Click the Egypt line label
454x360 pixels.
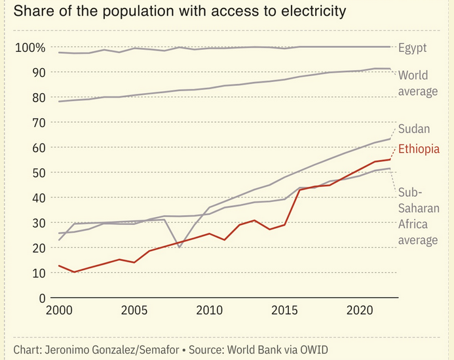(412, 47)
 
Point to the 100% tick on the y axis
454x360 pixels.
(30, 47)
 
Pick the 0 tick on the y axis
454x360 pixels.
(41, 298)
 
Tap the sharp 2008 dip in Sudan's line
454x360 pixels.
(180, 247)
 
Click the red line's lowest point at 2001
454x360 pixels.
(74, 271)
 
